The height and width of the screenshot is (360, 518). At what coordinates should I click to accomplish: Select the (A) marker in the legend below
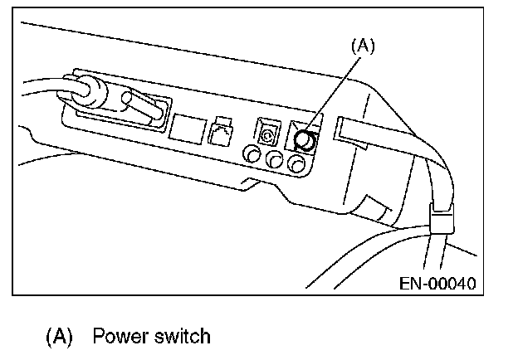point(59,337)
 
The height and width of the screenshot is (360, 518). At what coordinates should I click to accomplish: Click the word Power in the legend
point(118,337)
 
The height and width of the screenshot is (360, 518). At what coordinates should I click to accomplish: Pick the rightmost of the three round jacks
point(295,164)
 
